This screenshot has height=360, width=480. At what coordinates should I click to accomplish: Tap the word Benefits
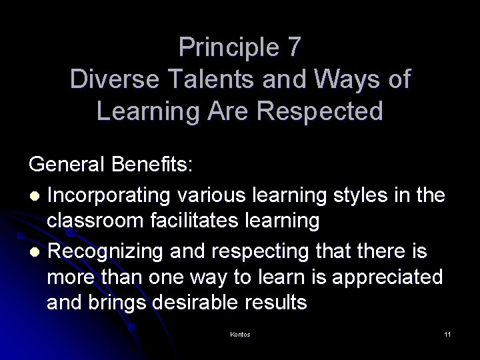(x=158, y=165)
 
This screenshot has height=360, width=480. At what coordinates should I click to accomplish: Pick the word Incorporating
(x=109, y=196)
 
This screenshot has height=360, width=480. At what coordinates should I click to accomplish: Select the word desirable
(x=212, y=303)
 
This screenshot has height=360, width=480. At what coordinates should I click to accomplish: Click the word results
(x=275, y=303)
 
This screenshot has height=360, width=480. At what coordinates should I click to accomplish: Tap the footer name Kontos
(x=240, y=334)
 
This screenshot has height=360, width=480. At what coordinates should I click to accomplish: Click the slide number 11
(x=447, y=334)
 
